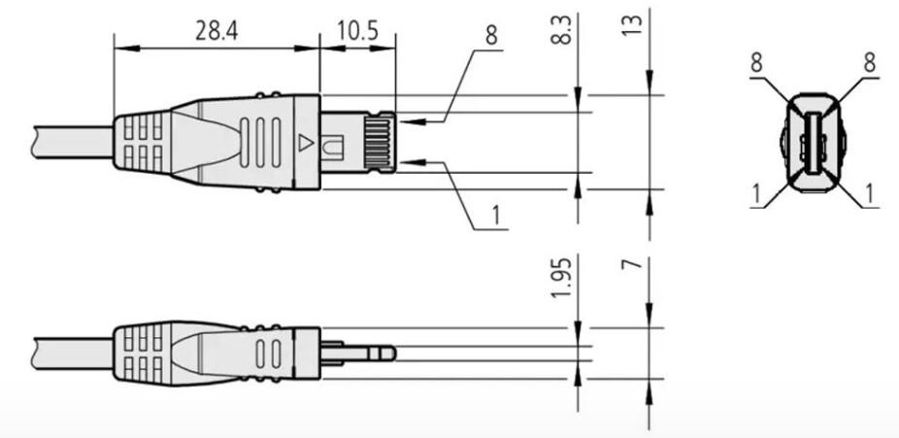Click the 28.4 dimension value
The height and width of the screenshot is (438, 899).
216,31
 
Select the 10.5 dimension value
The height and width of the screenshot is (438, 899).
358,31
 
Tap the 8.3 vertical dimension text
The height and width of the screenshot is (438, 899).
564,30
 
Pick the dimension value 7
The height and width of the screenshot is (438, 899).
633,264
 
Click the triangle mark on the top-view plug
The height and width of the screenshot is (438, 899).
307,142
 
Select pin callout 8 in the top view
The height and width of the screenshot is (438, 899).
491,36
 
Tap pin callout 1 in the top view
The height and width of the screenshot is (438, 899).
496,216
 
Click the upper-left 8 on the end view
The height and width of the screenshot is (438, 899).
757,63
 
